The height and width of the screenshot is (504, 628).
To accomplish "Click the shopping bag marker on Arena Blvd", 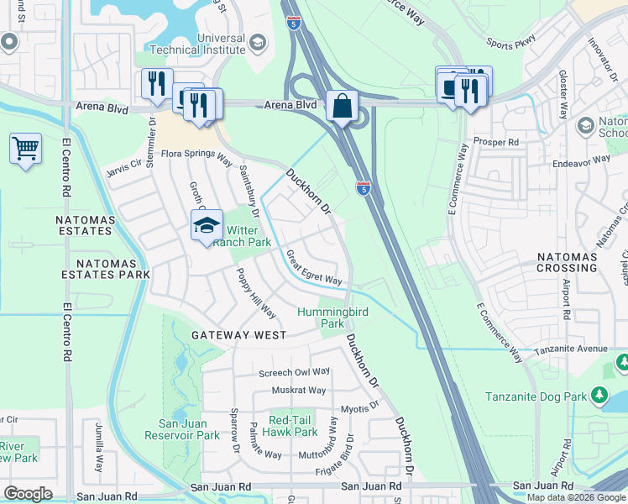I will click(342, 107).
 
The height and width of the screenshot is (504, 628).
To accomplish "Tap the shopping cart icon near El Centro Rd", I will click(26, 150).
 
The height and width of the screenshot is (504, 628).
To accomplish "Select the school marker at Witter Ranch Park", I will click(207, 225).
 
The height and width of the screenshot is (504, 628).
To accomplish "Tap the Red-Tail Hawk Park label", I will click(293, 426).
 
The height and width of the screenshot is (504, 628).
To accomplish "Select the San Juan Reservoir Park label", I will click(189, 429).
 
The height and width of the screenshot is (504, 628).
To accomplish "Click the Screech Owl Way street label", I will click(295, 372).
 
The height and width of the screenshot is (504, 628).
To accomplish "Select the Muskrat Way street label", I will click(298, 391).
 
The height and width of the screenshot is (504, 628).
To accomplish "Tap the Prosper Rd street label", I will click(493, 142).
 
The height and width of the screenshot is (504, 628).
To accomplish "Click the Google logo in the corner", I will click(28, 494).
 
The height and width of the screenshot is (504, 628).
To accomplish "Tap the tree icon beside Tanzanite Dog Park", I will click(599, 394).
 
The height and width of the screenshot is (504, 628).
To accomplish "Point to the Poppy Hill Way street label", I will click(255, 295).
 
